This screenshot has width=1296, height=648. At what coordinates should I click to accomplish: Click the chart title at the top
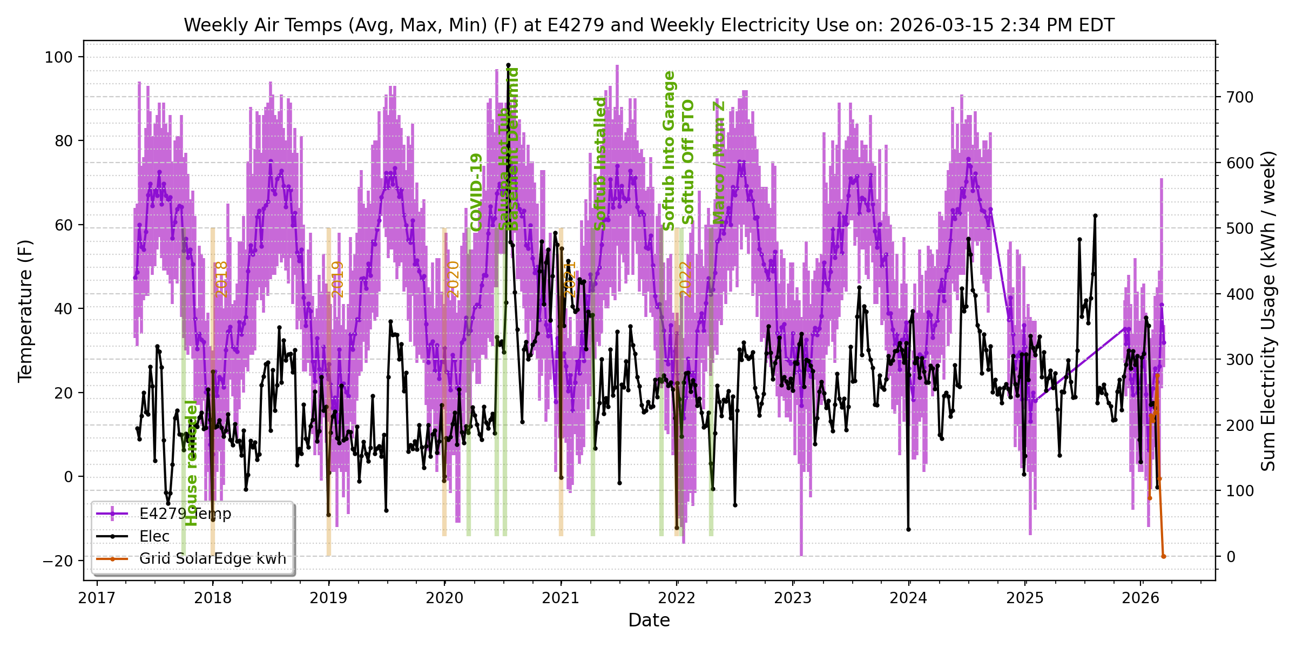click(x=649, y=25)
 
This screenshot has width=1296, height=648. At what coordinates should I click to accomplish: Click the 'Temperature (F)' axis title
click(x=25, y=310)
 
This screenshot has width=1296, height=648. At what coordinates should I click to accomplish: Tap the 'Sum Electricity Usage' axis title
click(x=1268, y=310)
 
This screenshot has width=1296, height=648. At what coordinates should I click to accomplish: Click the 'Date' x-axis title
click(x=649, y=620)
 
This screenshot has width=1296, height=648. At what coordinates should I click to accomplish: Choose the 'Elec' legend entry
click(x=154, y=536)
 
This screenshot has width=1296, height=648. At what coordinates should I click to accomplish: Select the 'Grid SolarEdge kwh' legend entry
click(x=212, y=558)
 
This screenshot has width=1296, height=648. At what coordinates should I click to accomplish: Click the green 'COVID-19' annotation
click(x=476, y=192)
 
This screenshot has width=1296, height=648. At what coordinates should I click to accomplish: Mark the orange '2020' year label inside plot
click(x=453, y=279)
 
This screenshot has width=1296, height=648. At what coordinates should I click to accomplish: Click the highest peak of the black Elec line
click(x=508, y=65)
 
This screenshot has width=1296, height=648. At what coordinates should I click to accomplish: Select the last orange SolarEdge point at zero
click(x=1164, y=556)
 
